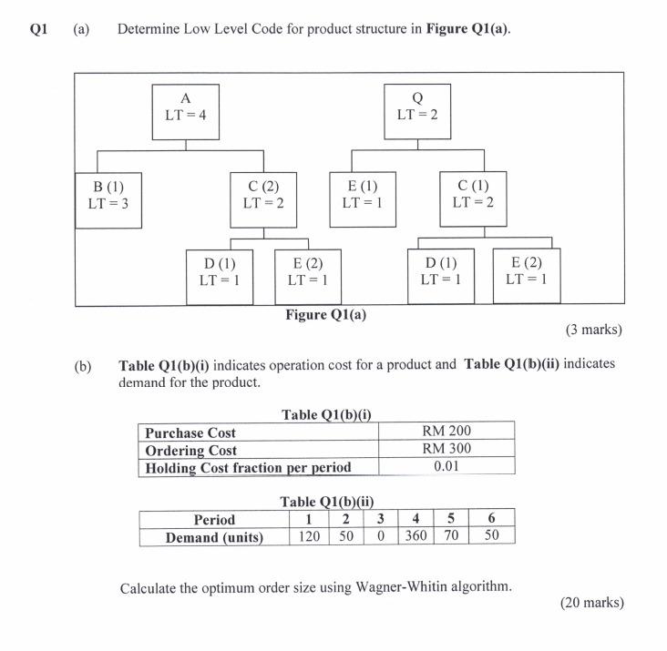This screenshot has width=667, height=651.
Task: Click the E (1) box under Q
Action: (x=363, y=194)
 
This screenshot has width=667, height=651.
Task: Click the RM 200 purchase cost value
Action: (x=446, y=432)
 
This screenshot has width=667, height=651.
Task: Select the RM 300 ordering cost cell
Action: (x=446, y=449)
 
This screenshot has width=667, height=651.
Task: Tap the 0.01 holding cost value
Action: (x=446, y=466)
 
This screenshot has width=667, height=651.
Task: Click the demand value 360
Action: (x=416, y=536)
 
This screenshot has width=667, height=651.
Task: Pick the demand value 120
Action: (x=310, y=536)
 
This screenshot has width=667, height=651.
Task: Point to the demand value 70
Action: (x=451, y=536)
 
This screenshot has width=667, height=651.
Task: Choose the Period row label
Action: (x=214, y=519)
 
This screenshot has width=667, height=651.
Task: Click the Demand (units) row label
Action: (x=214, y=537)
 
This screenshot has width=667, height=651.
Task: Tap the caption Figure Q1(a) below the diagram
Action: (x=326, y=315)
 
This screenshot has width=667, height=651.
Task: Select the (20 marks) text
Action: (x=592, y=603)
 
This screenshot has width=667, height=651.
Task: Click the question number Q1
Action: (x=38, y=29)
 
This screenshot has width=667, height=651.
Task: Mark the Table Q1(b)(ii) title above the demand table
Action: (x=326, y=502)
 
